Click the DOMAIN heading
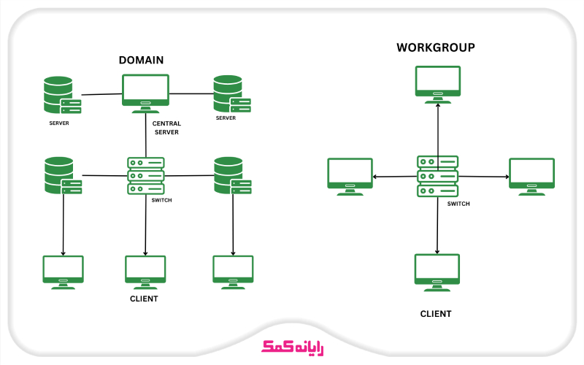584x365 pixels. click(141, 60)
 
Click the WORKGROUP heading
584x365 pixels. click(436, 47)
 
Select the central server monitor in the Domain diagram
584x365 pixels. click(146, 92)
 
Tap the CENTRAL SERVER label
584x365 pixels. click(166, 128)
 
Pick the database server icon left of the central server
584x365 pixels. click(61, 95)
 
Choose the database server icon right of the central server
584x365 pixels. click(231, 93)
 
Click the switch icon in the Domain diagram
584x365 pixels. click(146, 175)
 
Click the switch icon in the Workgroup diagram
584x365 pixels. click(437, 176)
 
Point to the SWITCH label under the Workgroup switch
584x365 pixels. click(458, 204)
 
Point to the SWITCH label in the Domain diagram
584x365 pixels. click(161, 199)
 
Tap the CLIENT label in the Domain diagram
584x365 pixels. click(144, 299)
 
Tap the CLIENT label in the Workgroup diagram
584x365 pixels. click(436, 314)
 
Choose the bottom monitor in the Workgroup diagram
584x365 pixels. click(437, 271)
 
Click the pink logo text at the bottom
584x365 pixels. click(292, 347)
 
